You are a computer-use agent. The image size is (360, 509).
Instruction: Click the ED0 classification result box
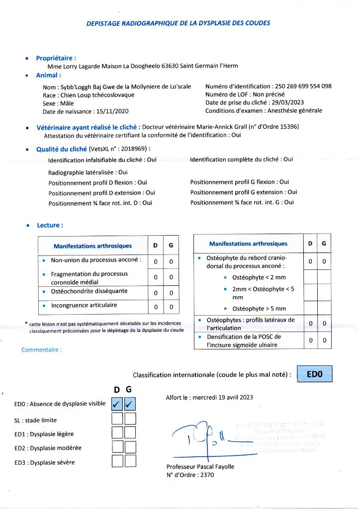pos(314,374)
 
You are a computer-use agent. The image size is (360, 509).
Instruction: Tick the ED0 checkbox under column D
pos(118,403)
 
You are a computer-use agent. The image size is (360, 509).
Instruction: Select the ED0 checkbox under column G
pos(130,403)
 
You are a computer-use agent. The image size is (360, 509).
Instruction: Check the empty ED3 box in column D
pos(118,461)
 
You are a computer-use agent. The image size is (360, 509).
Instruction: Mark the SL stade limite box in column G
pos(130,419)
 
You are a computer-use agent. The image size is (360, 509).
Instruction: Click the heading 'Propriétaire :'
pos(56,58)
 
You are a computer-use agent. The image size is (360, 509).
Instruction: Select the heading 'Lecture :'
pos(50,225)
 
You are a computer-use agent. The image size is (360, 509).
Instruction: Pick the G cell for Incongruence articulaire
pos(171,307)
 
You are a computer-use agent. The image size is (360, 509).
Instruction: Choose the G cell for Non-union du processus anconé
pos(171,261)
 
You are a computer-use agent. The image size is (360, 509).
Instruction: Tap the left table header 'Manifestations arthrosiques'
pos(92,246)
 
